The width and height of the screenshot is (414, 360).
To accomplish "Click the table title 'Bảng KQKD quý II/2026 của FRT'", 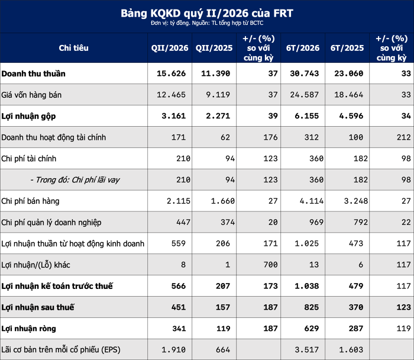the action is click(207, 13).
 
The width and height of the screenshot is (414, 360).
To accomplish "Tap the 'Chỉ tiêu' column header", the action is click(74, 48).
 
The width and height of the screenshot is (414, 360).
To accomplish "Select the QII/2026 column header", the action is click(170, 48).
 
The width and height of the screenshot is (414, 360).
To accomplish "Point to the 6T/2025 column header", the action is click(347, 48).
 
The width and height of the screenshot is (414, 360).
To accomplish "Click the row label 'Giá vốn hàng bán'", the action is click(31, 95).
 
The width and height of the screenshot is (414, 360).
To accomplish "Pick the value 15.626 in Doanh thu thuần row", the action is click(171, 73).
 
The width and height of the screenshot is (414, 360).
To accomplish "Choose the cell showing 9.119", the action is click(218, 95).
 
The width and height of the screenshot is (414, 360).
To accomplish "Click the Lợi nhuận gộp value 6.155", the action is click(307, 116).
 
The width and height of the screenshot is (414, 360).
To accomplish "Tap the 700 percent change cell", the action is click(270, 265).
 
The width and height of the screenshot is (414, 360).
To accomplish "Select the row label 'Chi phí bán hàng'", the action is click(30, 201).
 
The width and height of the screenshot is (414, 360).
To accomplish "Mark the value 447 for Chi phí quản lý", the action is click(183, 222).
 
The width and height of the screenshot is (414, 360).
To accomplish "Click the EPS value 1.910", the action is click(173, 350).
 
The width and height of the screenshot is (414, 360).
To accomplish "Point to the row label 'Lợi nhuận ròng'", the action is click(28, 328).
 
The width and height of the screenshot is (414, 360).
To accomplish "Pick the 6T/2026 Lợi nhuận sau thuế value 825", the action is click(312, 307).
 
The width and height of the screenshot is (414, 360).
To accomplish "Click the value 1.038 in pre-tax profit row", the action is click(307, 286).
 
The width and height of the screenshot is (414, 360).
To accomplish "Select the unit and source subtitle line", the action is click(207, 23).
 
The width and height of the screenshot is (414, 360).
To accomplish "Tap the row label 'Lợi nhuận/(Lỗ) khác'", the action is click(35, 265).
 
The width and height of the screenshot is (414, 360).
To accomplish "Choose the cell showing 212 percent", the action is click(404, 137).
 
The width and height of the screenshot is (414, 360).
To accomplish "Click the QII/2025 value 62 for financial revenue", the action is click(225, 137).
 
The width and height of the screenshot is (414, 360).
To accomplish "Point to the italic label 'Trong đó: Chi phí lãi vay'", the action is click(75, 180).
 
